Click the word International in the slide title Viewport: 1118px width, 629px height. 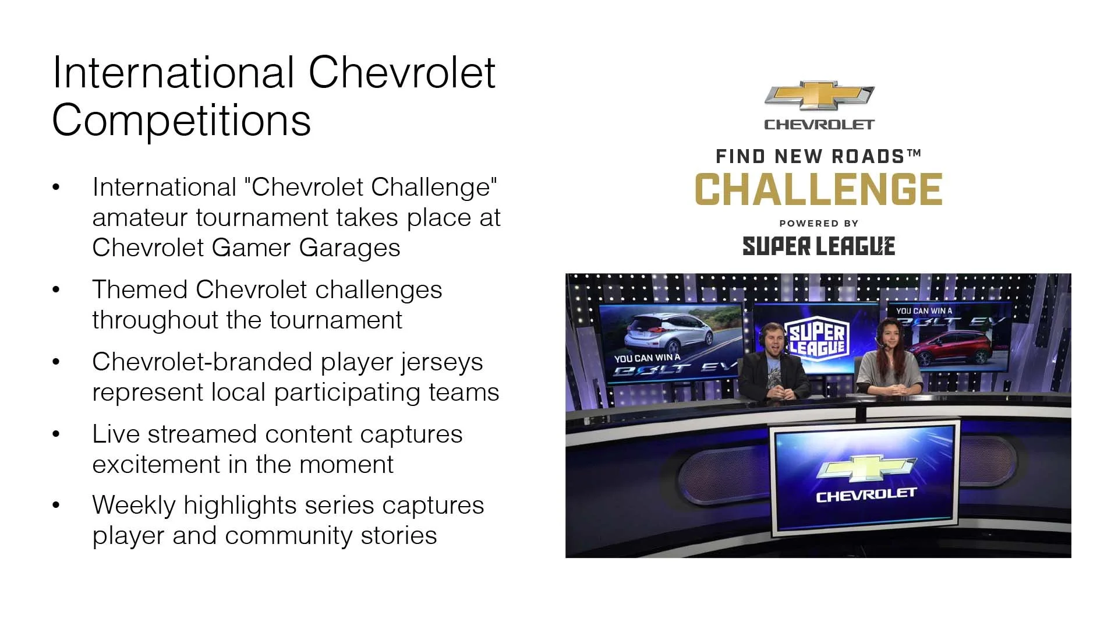(172, 73)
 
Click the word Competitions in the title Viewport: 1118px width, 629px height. (181, 121)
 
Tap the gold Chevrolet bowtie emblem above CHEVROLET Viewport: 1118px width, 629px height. (819, 96)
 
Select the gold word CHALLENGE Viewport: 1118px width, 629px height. (818, 190)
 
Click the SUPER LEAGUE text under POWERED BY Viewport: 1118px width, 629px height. (818, 246)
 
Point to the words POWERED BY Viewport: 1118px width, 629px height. (818, 224)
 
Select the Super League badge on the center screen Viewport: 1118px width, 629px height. (816, 340)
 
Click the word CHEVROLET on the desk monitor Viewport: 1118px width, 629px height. (866, 496)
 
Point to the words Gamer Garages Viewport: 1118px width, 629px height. (306, 248)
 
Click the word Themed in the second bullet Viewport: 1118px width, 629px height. (139, 290)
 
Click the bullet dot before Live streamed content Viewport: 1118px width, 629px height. (56, 434)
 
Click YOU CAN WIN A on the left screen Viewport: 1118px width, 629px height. (646, 358)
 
